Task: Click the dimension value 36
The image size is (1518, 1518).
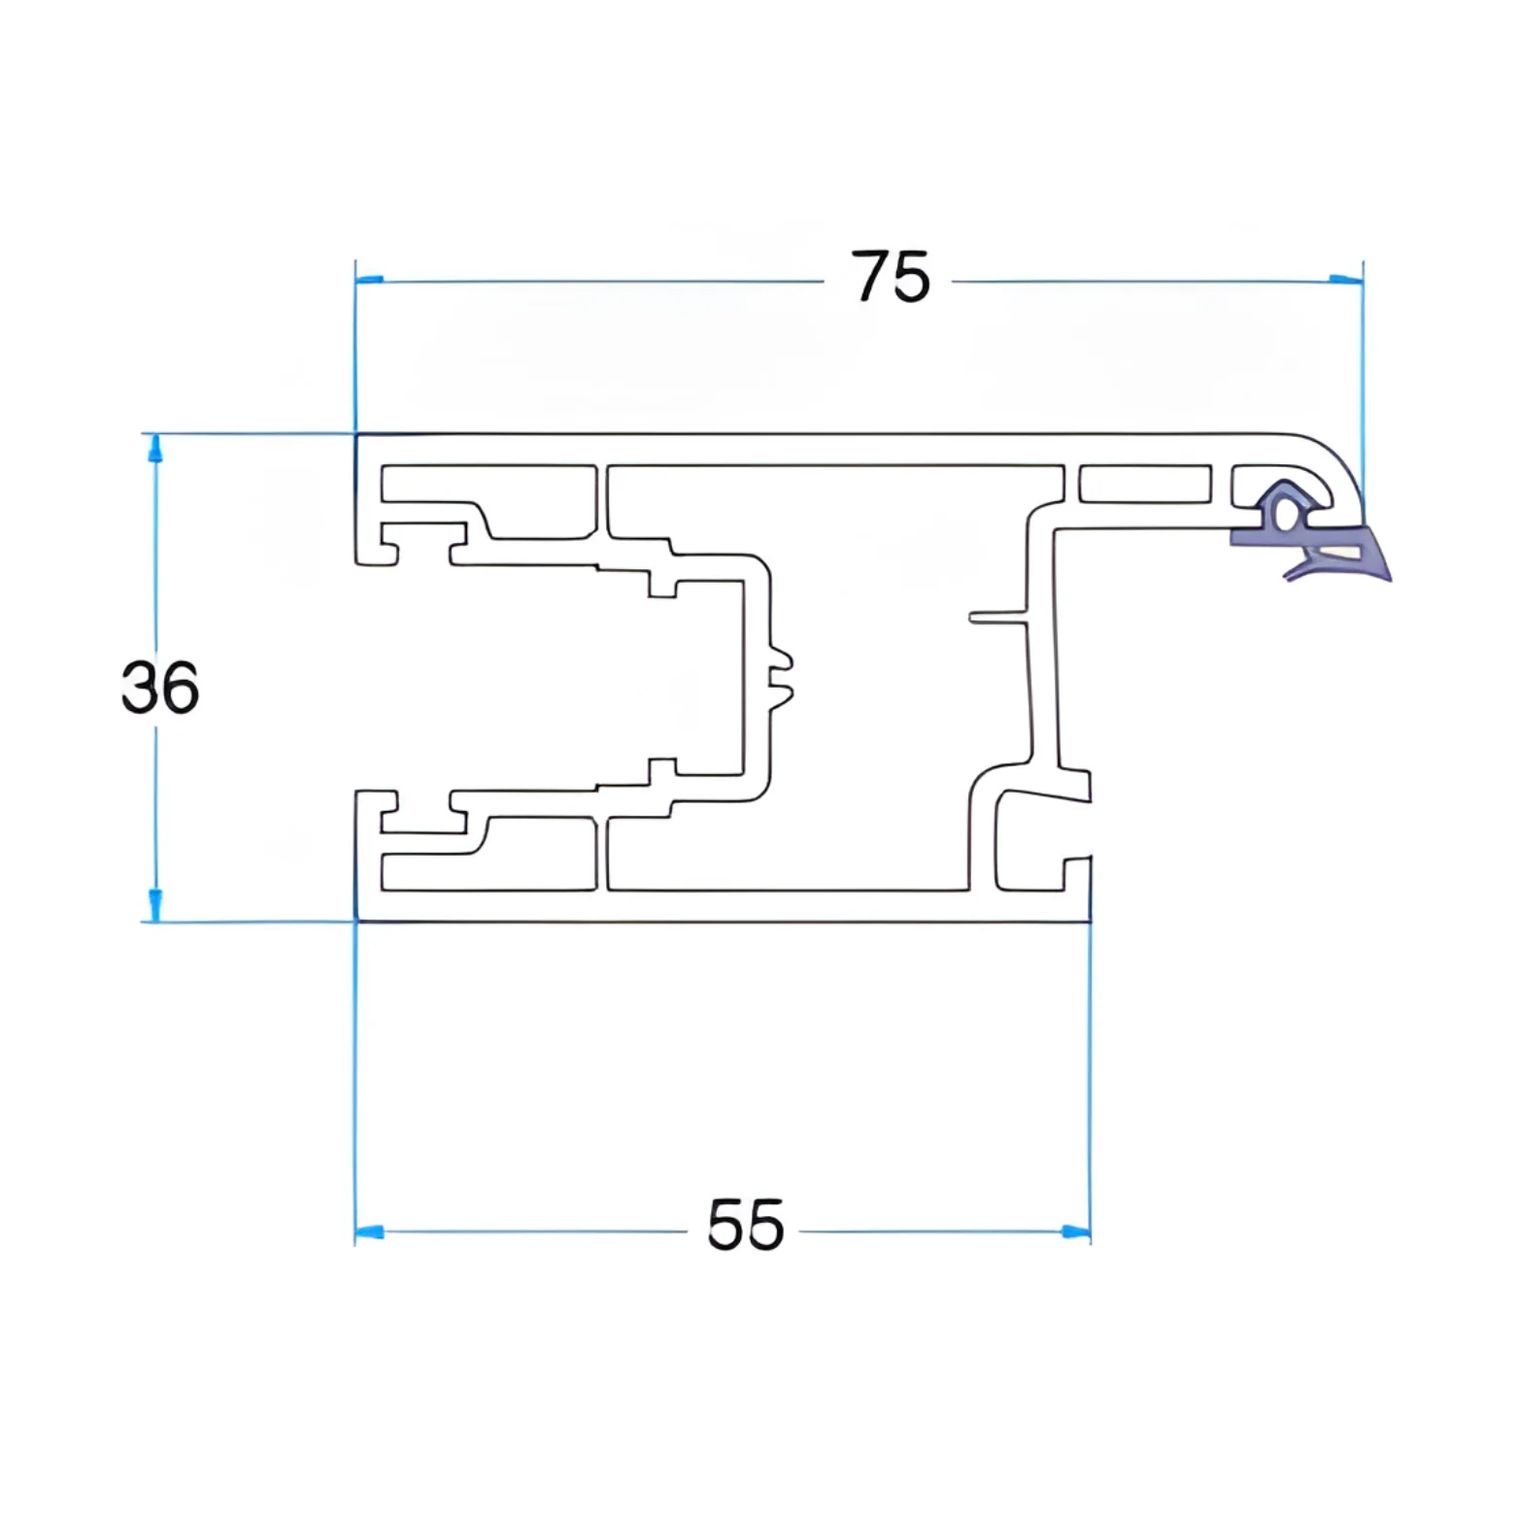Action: [160, 688]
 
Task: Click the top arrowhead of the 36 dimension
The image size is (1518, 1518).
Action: [154, 447]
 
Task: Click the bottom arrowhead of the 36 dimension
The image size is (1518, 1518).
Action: [154, 907]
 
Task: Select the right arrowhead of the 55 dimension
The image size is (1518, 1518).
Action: [1076, 1232]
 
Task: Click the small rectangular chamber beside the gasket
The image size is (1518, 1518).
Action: [1145, 484]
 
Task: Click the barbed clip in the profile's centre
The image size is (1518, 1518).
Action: [781, 678]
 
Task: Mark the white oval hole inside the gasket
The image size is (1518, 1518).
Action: [1286, 515]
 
